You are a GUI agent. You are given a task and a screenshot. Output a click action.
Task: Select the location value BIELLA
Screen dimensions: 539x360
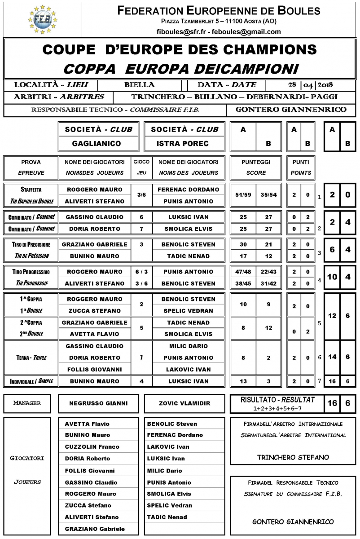click(140, 85)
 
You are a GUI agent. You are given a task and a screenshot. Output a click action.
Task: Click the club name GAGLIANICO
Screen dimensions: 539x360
click(96, 144)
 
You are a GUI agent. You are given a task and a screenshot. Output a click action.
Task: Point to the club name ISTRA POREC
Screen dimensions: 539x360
click(182, 144)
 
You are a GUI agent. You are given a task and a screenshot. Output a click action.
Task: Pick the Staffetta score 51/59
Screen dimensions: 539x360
click(243, 195)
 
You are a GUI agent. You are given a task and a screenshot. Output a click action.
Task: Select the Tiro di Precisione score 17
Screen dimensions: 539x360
click(243, 256)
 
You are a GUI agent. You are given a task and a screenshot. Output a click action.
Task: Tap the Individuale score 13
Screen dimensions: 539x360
click(243, 381)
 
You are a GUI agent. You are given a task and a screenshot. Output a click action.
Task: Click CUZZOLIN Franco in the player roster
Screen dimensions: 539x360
click(92, 447)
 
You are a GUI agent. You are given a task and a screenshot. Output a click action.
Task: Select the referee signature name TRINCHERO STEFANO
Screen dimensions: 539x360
click(293, 457)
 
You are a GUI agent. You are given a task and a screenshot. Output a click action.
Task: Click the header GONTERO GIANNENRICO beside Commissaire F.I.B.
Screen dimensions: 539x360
click(291, 110)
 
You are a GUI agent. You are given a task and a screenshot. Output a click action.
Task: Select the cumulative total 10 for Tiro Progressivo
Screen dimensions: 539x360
click(332, 277)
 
